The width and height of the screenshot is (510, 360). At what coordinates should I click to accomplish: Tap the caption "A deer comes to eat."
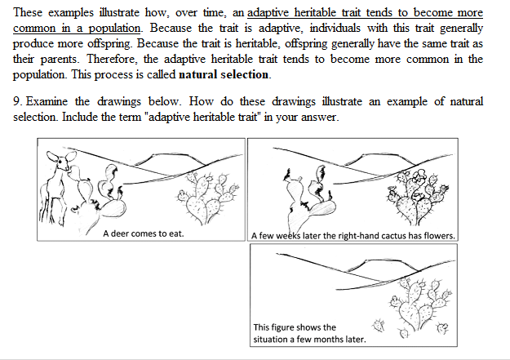tap(143, 233)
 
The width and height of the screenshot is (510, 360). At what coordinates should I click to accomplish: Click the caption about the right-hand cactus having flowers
tap(353, 236)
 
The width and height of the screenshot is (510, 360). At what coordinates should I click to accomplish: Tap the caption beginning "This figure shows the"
tap(295, 327)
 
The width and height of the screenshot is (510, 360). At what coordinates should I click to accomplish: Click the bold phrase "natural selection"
tap(224, 74)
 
